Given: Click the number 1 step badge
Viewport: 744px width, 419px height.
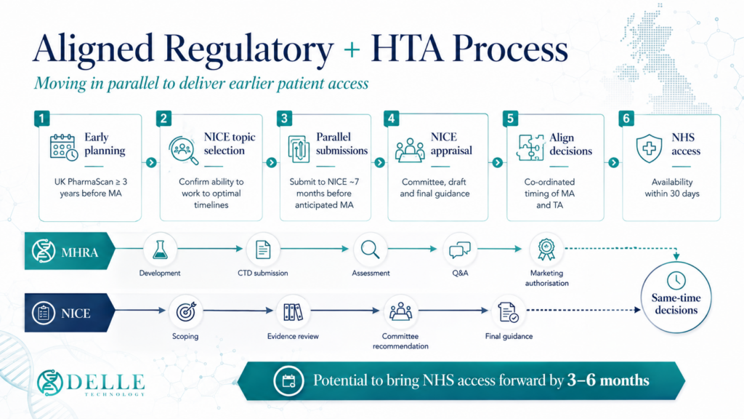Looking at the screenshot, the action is [41, 119].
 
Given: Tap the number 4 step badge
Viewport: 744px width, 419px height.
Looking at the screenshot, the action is [392, 119].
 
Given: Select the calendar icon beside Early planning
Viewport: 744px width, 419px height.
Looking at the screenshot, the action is [64, 148].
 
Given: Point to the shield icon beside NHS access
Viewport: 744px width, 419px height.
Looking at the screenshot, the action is [649, 148].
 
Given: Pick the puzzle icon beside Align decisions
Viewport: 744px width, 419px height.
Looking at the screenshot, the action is [531, 148].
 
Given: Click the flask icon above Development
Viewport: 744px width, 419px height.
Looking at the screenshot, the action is [160, 250].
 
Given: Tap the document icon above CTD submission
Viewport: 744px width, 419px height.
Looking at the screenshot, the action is [263, 250].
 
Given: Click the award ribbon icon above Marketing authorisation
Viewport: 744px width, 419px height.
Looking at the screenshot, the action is [546, 249].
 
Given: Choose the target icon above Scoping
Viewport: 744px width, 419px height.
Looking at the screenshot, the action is [185, 311].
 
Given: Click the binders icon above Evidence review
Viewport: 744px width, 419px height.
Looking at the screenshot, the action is [293, 312].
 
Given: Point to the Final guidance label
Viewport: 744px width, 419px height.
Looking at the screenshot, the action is [509, 336].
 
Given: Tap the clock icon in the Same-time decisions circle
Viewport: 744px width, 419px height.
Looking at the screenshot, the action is [676, 281].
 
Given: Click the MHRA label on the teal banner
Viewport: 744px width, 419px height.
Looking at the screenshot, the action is [80, 252].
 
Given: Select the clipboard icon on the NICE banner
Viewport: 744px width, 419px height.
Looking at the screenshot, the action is [43, 314].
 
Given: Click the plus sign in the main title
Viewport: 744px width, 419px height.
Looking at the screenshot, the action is [352, 49].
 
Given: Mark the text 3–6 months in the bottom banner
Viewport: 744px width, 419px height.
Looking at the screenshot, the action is [608, 380].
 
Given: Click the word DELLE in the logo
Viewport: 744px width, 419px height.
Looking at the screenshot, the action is [106, 382].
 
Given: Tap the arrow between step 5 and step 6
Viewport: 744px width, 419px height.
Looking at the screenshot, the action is [613, 162].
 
